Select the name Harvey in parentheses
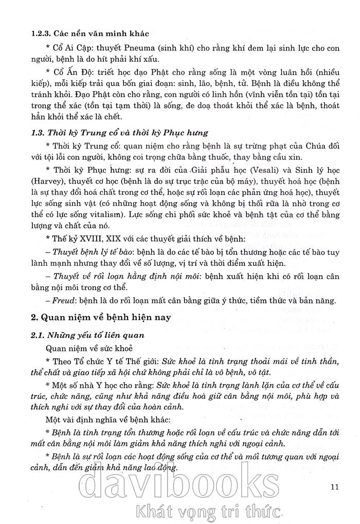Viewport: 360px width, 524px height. (x=47, y=184)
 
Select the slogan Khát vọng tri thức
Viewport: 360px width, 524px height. (x=207, y=512)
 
